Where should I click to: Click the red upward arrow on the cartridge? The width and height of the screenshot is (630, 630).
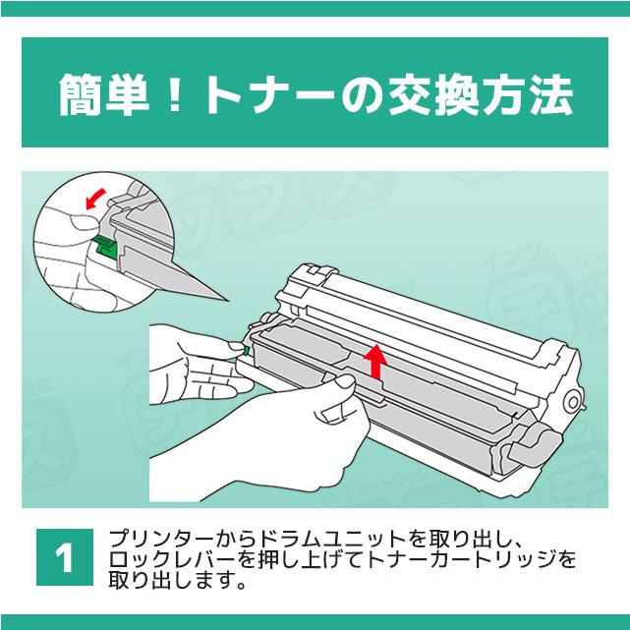(x=374, y=360)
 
